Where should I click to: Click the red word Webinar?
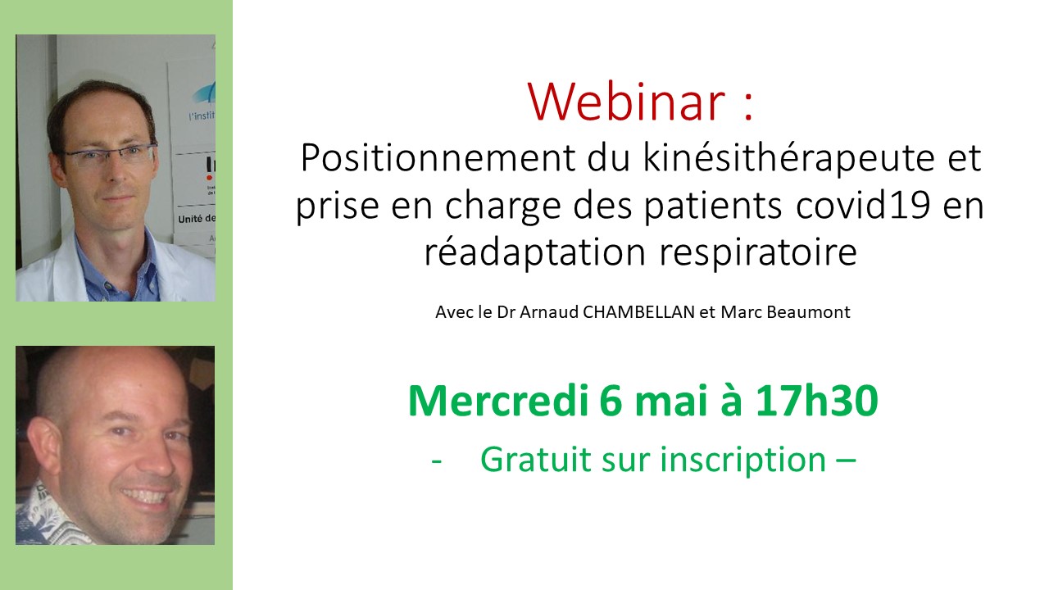[x=626, y=102]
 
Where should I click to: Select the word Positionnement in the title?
[x=438, y=159]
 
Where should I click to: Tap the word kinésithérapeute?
[x=789, y=158]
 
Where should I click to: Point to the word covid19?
[x=863, y=205]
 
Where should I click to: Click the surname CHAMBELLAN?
[x=638, y=312]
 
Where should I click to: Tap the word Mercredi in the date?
[x=497, y=401]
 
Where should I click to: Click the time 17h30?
[x=817, y=401]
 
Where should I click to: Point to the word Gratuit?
[x=536, y=460]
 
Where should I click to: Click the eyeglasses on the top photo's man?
[x=109, y=155]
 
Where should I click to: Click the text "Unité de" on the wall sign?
[x=197, y=219]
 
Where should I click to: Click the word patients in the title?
[x=712, y=206]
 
